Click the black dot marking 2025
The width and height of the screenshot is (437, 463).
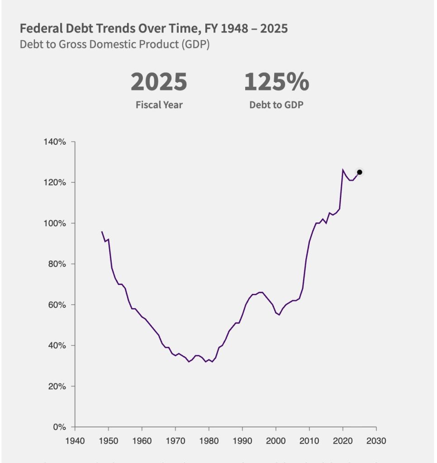tap(360, 172)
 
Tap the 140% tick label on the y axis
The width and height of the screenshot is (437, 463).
tap(55, 142)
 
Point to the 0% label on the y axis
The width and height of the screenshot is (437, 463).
tap(60, 427)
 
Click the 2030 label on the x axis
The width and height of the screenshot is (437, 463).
tap(376, 440)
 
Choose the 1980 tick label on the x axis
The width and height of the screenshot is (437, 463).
tap(209, 440)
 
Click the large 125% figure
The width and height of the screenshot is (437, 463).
tap(276, 82)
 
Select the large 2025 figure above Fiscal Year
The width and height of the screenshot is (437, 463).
tap(159, 82)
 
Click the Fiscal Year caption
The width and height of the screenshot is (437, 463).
tap(159, 105)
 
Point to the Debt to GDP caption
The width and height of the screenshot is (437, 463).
tap(276, 105)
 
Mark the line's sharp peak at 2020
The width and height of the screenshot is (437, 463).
tap(343, 170)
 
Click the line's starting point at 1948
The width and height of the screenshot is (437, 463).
tap(102, 231)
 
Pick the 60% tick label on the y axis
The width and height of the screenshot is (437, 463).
tap(57, 305)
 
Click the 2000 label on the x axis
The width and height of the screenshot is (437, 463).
tap(275, 440)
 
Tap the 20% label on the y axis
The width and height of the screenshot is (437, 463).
tap(57, 386)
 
